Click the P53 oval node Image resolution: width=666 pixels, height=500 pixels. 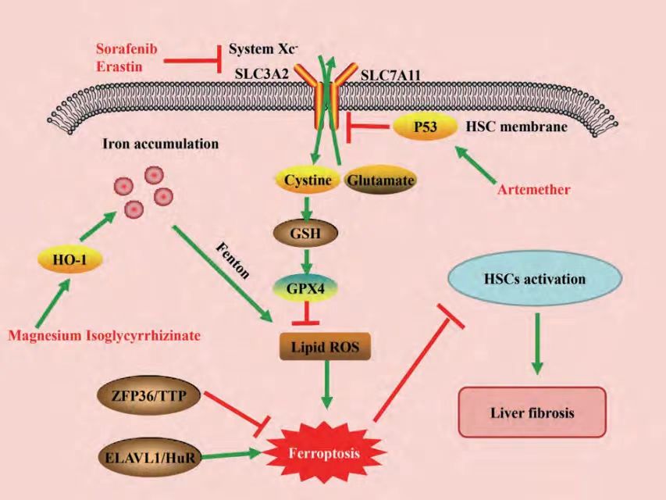point(426,127)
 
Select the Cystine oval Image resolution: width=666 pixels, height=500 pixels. point(308,180)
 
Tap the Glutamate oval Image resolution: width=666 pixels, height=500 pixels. point(379,180)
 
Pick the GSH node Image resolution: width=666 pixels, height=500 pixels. point(305,234)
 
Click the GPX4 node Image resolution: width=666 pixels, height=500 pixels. point(305,288)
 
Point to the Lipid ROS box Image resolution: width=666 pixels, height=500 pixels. point(325,347)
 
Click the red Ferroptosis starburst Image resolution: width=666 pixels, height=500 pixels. point(325,453)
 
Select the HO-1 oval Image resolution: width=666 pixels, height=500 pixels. point(69,259)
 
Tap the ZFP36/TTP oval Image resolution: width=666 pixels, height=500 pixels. point(148,396)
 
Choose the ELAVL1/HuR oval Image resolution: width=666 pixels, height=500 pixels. point(149,458)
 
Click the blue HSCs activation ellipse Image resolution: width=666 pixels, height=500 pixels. point(535,278)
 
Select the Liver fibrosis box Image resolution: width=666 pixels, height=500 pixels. point(532,412)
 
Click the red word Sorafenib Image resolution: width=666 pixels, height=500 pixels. point(126,48)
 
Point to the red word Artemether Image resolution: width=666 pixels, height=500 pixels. point(534,189)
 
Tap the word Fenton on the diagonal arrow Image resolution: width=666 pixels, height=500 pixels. point(233,260)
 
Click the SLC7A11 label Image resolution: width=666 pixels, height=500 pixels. point(390,76)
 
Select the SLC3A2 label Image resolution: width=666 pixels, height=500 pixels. point(262,74)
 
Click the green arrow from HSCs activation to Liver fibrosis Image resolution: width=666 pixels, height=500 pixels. point(538,344)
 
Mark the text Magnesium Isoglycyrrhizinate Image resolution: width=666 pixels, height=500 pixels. point(104,335)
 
